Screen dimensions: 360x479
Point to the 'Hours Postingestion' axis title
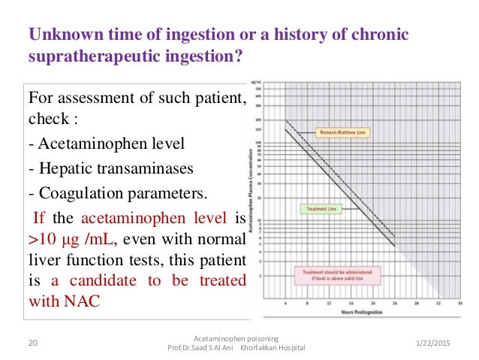coord(362,311)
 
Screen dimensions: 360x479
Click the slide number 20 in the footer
coord(32,342)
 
